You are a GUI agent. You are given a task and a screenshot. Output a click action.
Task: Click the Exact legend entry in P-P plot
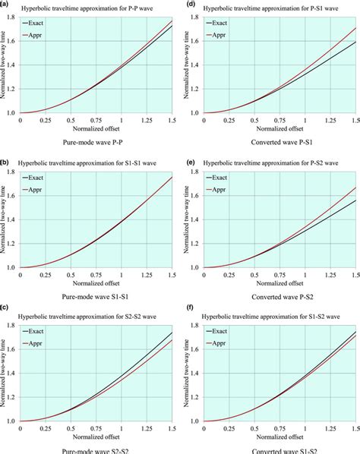42,25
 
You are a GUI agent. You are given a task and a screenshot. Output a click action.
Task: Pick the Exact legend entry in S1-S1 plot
42,179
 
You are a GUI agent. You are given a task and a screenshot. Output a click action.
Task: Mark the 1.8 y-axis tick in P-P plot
12,17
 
